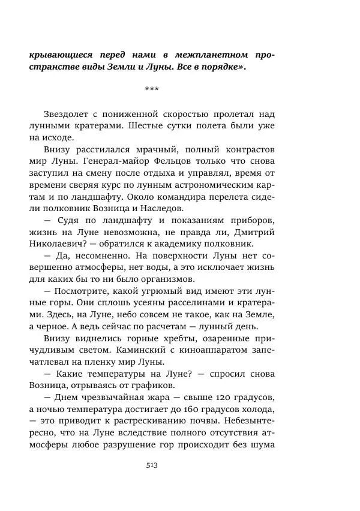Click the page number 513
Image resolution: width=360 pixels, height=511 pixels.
click(x=152, y=464)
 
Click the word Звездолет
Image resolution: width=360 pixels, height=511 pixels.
click(x=70, y=115)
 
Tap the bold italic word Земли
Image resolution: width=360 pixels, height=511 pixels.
click(x=108, y=67)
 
